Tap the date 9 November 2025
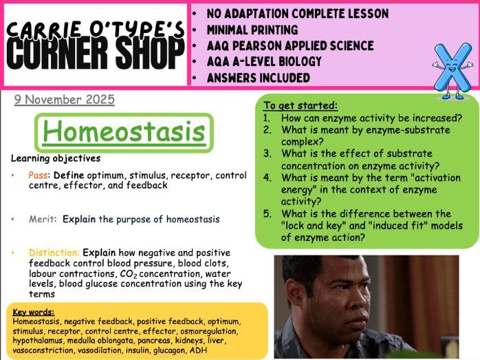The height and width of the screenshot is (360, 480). coord(64,100)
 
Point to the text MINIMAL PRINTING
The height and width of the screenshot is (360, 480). coord(252,30)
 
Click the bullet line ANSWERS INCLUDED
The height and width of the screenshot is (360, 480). coord(258,77)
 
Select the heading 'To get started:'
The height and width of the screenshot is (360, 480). coord(300,105)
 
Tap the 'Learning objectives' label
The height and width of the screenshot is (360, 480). coord(56,158)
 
